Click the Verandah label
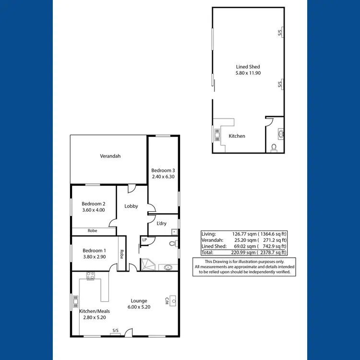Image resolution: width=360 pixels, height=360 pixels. point(110,156)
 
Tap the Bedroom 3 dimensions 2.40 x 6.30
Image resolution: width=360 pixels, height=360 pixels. point(164,177)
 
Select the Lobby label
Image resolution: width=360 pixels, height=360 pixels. point(131,206)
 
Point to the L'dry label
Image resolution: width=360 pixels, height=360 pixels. point(162,223)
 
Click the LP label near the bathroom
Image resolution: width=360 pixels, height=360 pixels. point(144,240)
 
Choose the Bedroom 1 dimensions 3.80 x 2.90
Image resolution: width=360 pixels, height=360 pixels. point(94,257)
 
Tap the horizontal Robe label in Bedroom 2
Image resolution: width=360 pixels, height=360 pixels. point(93,231)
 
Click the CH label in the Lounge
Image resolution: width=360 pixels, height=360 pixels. point(167,300)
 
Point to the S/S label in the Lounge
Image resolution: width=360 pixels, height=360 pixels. point(115,330)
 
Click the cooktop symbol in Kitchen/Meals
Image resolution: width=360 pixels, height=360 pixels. point(90,276)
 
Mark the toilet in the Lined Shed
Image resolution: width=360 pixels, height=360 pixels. point(274,147)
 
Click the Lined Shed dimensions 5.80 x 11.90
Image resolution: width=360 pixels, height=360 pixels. point(248,73)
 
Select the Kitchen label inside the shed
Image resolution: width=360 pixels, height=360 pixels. point(237,136)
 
